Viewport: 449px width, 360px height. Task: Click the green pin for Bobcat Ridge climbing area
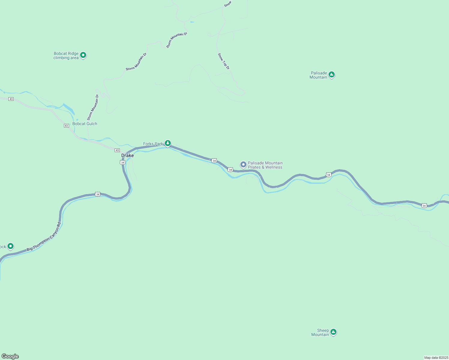coord(83,55)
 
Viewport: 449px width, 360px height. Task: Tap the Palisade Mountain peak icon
coord(331,74)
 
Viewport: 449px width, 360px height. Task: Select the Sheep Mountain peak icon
coord(333,332)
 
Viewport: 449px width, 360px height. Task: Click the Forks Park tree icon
coord(168,143)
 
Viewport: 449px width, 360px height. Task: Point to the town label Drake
coord(128,155)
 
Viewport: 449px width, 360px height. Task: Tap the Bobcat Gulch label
coord(85,124)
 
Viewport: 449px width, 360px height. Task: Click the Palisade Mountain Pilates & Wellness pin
coord(243,165)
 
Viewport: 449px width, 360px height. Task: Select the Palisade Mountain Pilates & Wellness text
coord(265,165)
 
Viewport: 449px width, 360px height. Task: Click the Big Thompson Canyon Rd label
coord(44,237)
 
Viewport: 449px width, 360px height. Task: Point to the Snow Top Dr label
coord(224,61)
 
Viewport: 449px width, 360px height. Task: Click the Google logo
coord(10,356)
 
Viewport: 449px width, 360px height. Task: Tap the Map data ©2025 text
coord(436,358)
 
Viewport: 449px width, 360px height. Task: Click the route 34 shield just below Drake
coord(122,162)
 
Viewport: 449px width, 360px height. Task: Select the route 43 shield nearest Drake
coord(117,150)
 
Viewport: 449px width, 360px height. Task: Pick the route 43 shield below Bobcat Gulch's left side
coord(66,126)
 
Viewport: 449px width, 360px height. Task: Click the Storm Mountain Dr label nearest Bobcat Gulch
coord(93,107)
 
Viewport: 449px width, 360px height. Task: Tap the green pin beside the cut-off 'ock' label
coord(11,246)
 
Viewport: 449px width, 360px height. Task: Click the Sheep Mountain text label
coord(320,332)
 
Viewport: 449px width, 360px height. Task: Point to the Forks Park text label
coord(153,144)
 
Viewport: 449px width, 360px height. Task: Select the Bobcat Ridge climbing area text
coord(66,56)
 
